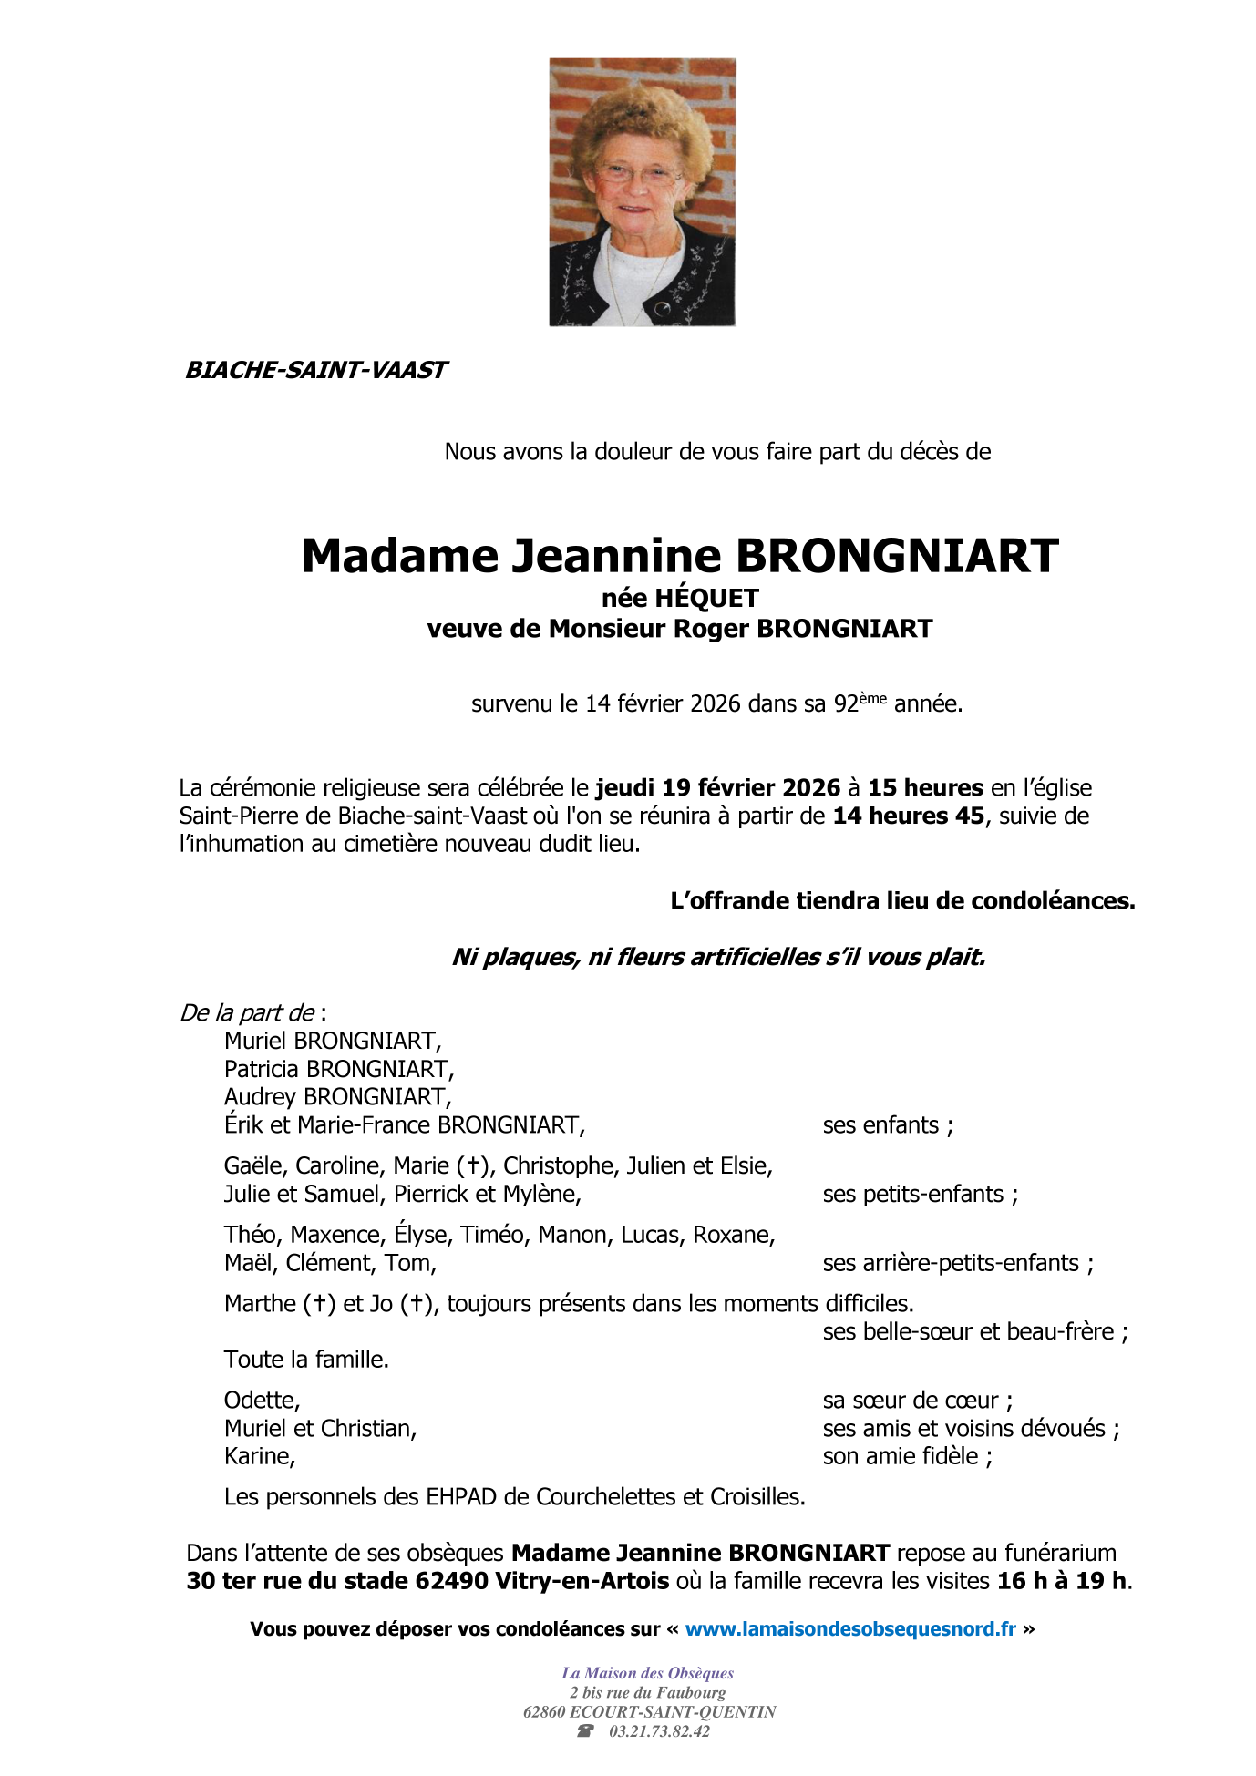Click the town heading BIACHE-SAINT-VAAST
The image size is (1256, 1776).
click(315, 370)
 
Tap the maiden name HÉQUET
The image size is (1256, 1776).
click(706, 598)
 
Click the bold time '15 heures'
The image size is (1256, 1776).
click(925, 787)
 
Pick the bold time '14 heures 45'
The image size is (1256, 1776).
click(908, 816)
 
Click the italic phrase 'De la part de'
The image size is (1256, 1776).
click(248, 1012)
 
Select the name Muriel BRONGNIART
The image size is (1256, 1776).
click(333, 1041)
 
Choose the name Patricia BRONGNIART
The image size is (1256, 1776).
click(339, 1069)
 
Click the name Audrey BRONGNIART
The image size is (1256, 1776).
click(337, 1097)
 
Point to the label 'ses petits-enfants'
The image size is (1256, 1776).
click(920, 1194)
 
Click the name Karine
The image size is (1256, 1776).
click(260, 1456)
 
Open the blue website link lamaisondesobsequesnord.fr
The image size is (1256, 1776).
click(849, 1628)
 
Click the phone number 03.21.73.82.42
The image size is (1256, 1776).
click(659, 1731)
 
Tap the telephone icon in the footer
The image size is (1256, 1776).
click(585, 1731)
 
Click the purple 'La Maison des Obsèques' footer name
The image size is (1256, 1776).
click(647, 1673)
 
